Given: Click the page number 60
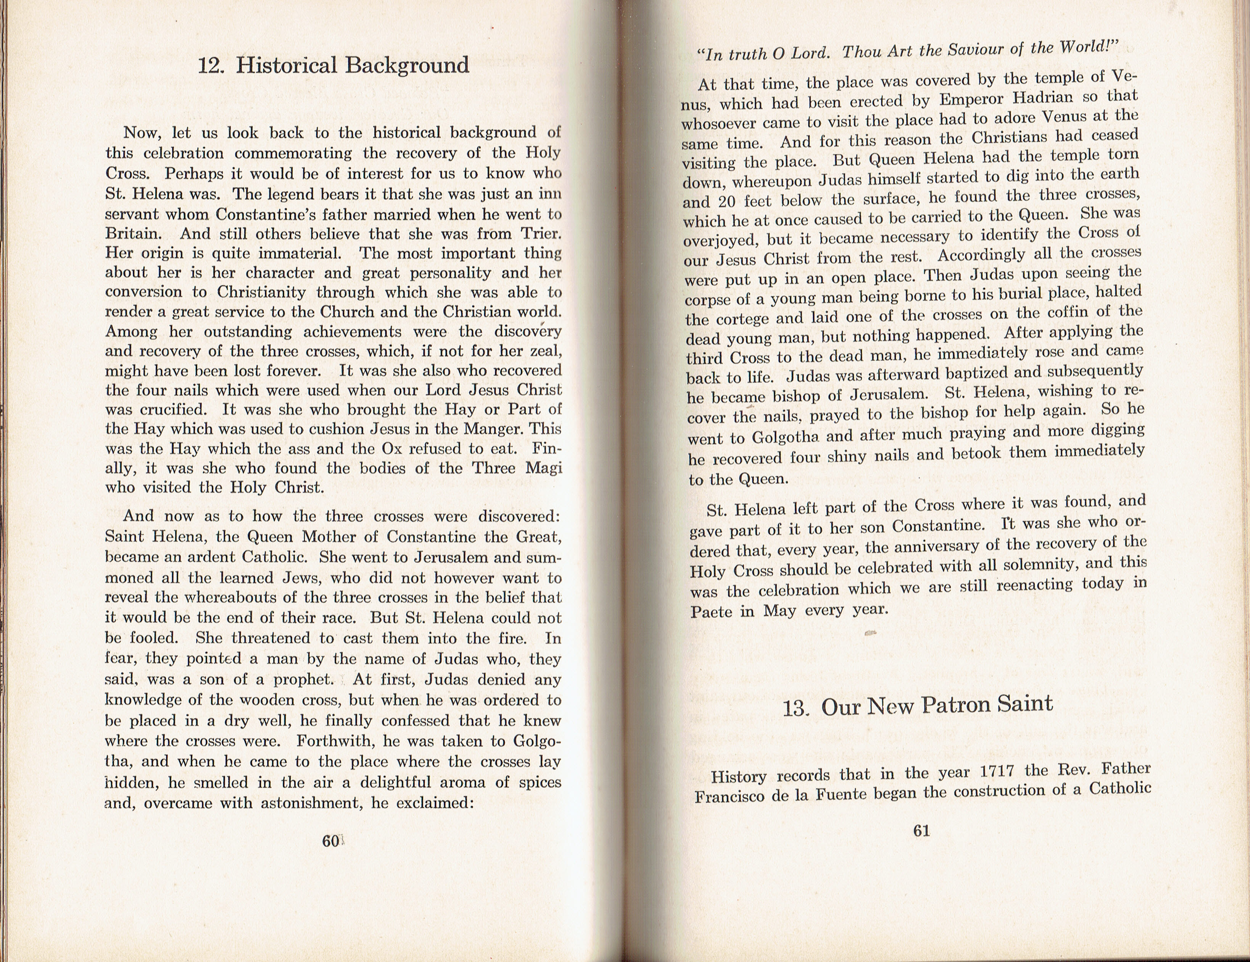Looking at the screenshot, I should pos(330,841).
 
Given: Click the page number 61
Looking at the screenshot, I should pos(921,831).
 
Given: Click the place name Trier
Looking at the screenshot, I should pos(541,234).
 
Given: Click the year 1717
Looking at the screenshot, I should pos(997,771).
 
